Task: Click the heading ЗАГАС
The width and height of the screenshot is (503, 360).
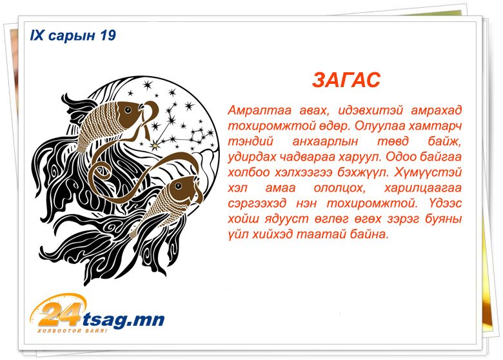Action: coord(346,80)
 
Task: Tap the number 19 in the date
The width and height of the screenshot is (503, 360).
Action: coord(108,35)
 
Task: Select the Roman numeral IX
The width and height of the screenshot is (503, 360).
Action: coord(37,35)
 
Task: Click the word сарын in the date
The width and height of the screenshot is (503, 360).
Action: coord(72,36)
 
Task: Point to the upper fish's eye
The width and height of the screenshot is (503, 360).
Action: coord(128,110)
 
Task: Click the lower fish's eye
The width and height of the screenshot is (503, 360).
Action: coord(178,186)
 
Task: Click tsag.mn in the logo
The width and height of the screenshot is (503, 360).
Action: coord(124,320)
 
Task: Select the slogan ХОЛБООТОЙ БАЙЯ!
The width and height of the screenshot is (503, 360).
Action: coord(72,331)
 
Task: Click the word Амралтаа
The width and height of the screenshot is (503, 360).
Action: coord(259,110)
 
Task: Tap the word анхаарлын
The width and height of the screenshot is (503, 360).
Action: coord(325,141)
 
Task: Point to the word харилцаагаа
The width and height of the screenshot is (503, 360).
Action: coord(423,188)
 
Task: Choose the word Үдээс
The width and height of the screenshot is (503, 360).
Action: coord(444,203)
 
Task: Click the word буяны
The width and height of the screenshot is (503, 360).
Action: coord(443,219)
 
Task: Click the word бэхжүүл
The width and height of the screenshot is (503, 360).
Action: coord(362,173)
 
